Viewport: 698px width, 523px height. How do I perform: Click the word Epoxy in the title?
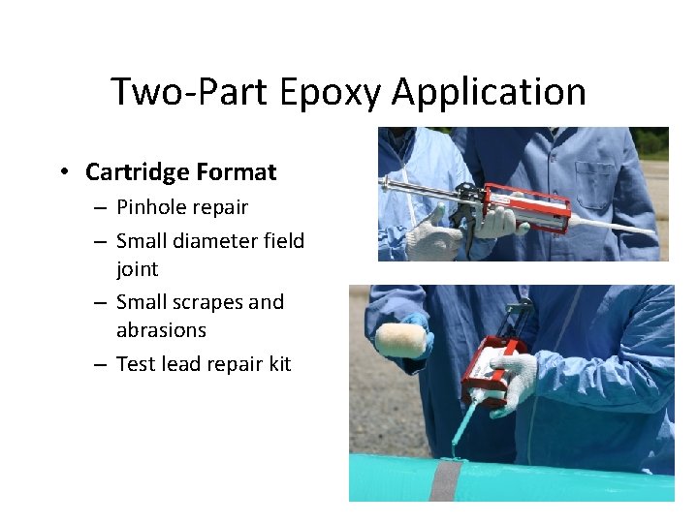tap(331, 93)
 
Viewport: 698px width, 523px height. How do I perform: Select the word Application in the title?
tap(490, 93)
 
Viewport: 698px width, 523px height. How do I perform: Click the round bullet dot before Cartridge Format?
tap(63, 173)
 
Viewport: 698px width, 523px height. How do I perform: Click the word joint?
tap(137, 268)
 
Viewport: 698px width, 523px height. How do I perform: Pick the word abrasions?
tap(161, 330)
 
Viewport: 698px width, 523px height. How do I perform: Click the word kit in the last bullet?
tap(276, 364)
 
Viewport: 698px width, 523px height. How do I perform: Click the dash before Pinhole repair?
tap(101, 207)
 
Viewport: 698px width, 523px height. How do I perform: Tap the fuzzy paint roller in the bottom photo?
tap(401, 340)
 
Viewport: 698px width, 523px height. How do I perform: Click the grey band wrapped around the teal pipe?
tap(446, 478)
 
